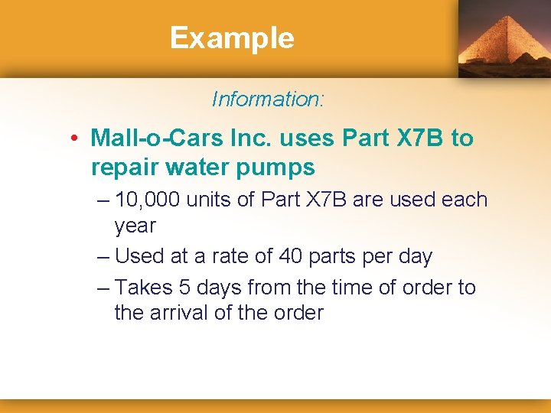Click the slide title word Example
click(x=232, y=37)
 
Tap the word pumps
click(x=277, y=167)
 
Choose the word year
click(x=135, y=226)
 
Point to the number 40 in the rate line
click(x=291, y=256)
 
